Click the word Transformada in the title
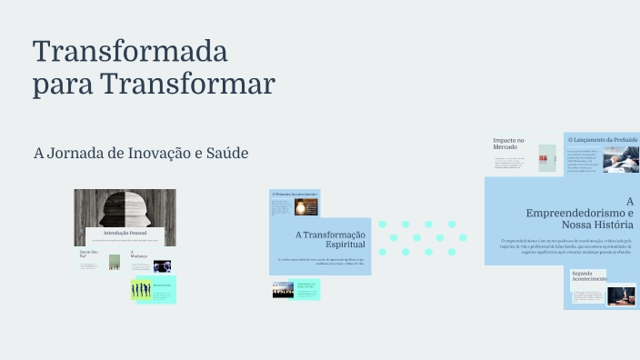(130, 51)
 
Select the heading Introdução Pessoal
(125, 233)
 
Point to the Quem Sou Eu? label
(88, 253)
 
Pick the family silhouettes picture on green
(140, 289)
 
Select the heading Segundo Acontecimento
(589, 275)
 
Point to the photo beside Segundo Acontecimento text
(622, 295)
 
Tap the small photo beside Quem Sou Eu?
(115, 262)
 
